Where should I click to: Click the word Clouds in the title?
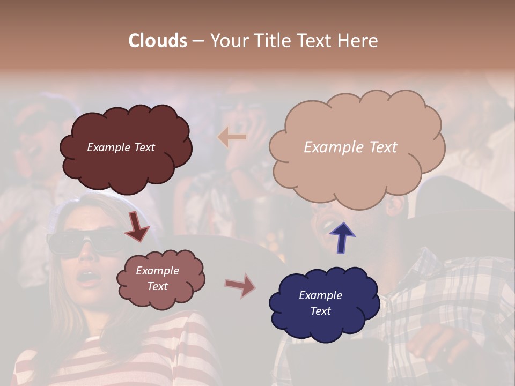click(x=157, y=41)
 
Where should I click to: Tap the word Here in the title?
click(x=359, y=41)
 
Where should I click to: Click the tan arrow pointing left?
click(x=232, y=137)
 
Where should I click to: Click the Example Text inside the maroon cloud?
click(x=121, y=147)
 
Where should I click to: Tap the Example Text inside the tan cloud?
click(x=350, y=147)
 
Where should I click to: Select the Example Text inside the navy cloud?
click(x=320, y=303)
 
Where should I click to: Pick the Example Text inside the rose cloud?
click(x=157, y=278)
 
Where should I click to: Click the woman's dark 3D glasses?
click(x=80, y=242)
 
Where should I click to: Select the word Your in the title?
click(x=228, y=41)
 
